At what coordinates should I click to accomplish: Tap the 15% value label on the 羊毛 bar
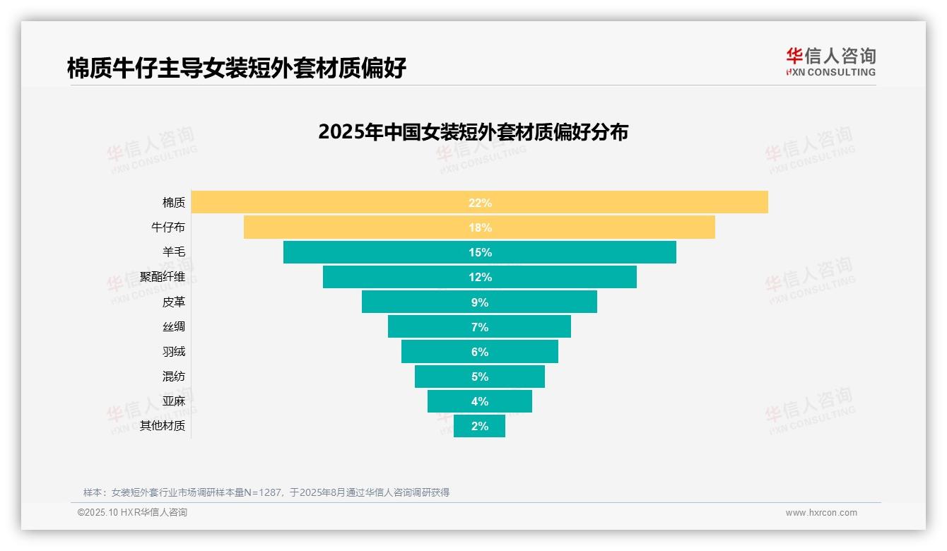480,252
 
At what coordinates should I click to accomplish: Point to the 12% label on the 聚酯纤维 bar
480,277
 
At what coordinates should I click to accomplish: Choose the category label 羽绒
174,351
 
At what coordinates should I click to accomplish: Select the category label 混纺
174,376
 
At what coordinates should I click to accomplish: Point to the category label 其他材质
163,426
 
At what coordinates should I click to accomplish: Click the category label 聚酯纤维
163,277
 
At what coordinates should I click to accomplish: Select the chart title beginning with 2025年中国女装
473,132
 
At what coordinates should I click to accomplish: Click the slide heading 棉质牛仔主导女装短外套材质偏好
237,69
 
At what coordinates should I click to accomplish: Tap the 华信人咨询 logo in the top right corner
830,61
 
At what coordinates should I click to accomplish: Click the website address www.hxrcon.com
821,513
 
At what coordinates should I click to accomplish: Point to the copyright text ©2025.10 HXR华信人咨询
132,513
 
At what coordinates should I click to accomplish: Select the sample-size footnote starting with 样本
266,492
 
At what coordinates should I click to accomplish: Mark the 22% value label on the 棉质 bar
480,203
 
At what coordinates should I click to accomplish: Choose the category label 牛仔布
168,227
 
